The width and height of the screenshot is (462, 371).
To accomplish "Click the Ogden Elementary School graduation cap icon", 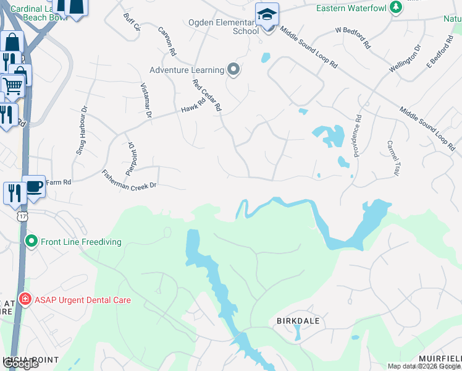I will click(267, 14).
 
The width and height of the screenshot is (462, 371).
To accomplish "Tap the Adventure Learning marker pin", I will click(233, 69).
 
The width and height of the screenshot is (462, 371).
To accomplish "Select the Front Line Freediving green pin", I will click(30, 241).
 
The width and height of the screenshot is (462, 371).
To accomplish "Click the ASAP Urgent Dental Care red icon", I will click(25, 299).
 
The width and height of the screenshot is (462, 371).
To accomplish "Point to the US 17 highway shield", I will click(22, 217).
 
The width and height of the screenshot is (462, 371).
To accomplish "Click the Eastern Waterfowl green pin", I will click(395, 8).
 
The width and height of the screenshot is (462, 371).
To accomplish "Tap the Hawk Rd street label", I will click(193, 107).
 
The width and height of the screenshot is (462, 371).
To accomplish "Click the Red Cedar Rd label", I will click(206, 95).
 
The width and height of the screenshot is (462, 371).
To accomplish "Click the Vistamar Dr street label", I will click(146, 100).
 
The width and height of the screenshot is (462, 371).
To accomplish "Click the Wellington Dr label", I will click(405, 59).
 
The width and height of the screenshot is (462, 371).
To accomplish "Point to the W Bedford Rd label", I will click(352, 36).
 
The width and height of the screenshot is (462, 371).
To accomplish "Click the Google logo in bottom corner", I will click(20, 364).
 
